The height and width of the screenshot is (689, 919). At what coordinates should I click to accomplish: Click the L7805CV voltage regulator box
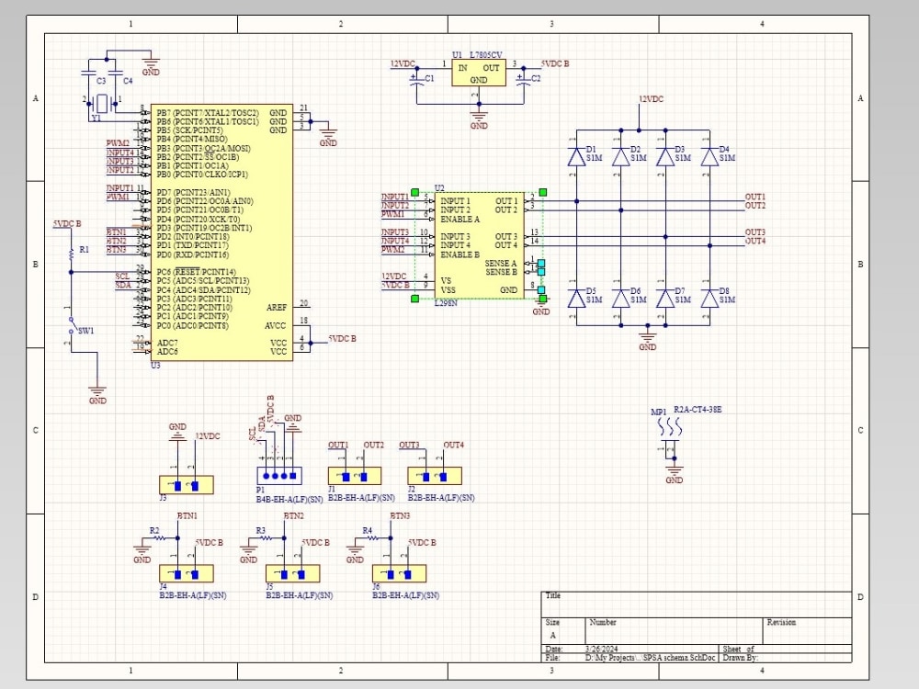click(x=479, y=73)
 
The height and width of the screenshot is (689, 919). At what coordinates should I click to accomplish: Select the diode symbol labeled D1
click(x=577, y=157)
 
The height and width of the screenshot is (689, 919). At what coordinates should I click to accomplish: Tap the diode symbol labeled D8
click(x=709, y=298)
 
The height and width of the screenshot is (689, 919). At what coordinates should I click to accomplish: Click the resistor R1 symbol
click(x=71, y=251)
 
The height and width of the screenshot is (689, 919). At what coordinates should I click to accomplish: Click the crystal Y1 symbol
click(x=101, y=104)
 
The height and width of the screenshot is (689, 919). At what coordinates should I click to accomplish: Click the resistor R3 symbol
click(x=273, y=538)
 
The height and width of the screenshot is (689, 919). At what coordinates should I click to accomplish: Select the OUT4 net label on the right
click(x=754, y=241)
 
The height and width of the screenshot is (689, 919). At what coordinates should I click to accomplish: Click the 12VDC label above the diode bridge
click(x=651, y=98)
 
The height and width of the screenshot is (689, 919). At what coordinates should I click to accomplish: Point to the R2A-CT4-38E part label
click(x=698, y=409)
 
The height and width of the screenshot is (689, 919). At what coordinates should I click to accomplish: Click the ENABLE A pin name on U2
click(x=459, y=220)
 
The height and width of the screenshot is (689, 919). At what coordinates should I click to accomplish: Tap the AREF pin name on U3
click(x=277, y=307)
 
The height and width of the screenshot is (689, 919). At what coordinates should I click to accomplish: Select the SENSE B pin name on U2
click(x=501, y=272)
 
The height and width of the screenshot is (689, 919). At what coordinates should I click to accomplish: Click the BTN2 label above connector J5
click(x=293, y=516)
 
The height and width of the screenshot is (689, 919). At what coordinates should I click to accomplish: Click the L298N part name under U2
click(x=446, y=303)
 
